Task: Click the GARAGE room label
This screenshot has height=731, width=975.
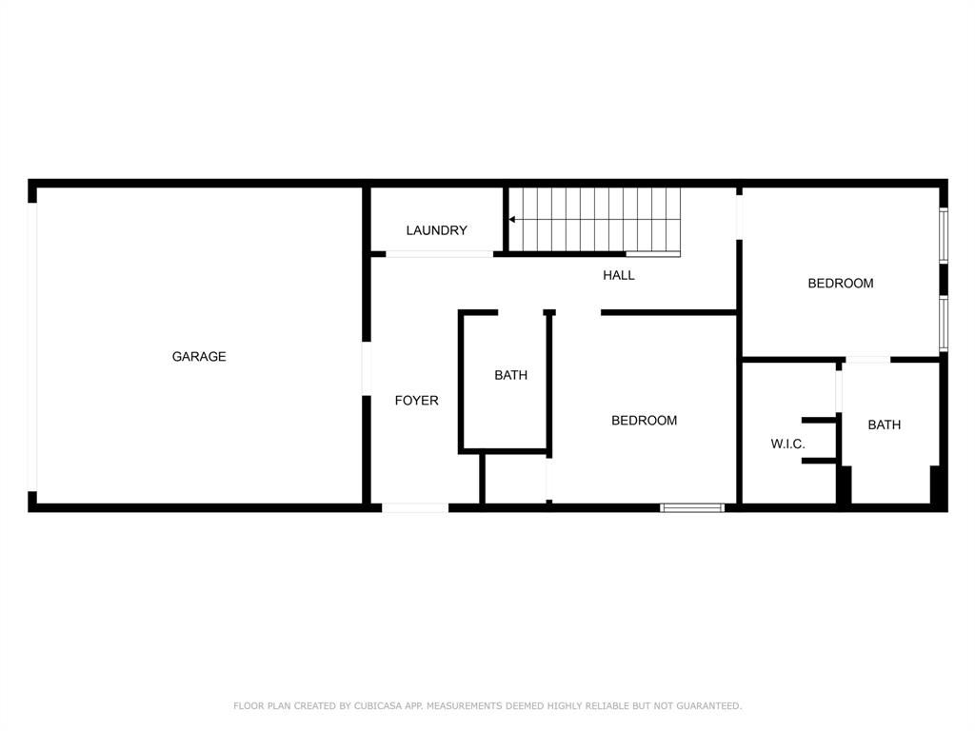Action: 199,357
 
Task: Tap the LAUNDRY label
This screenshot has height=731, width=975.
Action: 436,230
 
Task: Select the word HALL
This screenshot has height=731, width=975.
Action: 619,275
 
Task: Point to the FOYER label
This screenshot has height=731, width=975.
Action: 417,401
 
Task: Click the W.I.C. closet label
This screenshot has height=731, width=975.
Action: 787,445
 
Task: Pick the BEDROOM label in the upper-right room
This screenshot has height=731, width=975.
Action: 841,283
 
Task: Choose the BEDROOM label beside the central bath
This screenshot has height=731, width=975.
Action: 644,420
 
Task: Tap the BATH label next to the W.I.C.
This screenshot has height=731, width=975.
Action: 884,425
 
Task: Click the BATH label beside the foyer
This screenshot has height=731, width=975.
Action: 510,375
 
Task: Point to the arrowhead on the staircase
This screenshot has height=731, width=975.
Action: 512,219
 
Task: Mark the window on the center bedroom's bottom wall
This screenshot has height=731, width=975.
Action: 692,507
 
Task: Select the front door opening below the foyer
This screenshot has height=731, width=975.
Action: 415,507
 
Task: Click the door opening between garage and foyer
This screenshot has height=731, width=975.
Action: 366,369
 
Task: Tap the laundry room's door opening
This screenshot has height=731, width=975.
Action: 439,254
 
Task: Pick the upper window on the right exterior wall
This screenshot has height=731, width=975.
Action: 943,235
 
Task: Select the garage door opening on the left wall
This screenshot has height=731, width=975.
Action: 32,346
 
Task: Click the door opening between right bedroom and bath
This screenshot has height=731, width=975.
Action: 867,359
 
